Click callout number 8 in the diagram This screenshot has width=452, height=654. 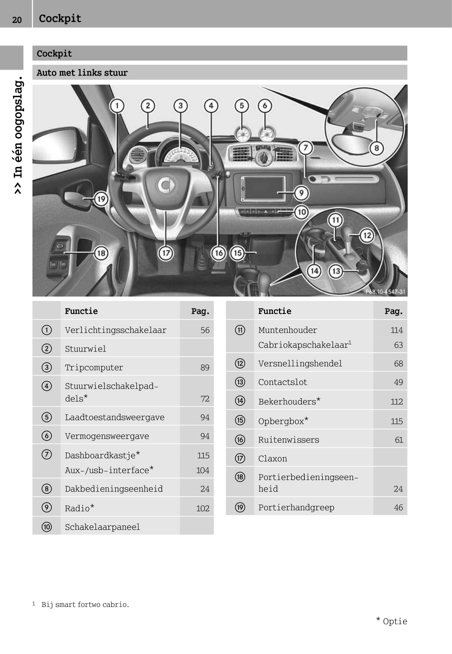(377, 148)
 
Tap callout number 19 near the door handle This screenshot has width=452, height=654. (101, 199)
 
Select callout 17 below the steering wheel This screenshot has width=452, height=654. (166, 253)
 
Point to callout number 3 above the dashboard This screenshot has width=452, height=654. (180, 106)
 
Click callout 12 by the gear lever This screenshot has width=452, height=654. (367, 235)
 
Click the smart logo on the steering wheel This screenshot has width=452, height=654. (166, 185)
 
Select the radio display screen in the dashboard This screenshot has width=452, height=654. (263, 188)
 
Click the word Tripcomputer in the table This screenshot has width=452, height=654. (94, 367)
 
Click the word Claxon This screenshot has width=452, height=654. (273, 458)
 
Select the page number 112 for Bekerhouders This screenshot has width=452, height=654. (397, 401)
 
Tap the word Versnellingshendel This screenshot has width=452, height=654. (300, 363)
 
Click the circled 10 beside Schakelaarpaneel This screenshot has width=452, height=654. (46, 527)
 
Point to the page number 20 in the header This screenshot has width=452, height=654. (17, 20)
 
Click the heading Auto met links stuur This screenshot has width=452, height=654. (82, 72)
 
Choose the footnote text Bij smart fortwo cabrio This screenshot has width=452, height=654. (85, 604)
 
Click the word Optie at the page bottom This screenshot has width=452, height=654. (395, 621)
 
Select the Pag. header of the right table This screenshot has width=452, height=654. (393, 311)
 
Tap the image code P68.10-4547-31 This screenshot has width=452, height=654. (385, 292)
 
